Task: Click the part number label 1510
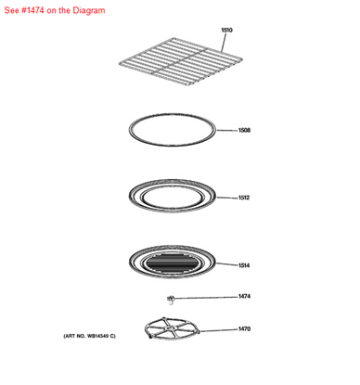226,31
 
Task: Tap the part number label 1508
243,131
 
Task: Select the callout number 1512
243,198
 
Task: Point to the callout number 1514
243,266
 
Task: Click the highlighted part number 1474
243,297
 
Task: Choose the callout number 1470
243,328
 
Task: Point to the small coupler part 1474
172,298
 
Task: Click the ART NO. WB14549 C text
89,335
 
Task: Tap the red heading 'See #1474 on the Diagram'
55,10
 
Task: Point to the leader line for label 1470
219,328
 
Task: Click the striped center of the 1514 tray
175,263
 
